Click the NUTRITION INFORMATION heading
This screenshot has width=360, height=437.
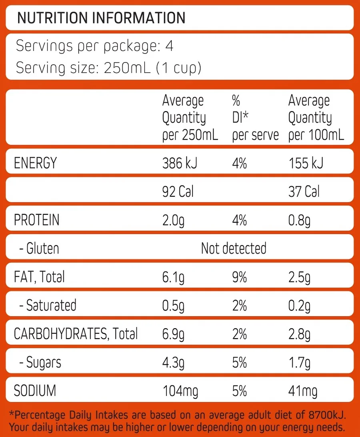click(101, 18)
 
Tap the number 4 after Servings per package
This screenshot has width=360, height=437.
click(169, 46)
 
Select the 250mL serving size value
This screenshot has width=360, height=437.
click(127, 68)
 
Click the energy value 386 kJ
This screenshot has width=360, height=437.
click(180, 163)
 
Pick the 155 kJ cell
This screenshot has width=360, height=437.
click(306, 163)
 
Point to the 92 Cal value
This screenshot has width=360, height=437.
click(178, 192)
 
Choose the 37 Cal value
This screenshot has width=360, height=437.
click(304, 192)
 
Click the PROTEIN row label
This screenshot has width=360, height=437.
click(36, 220)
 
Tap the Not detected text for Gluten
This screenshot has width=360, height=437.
click(234, 248)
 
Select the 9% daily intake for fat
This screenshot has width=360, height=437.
click(239, 277)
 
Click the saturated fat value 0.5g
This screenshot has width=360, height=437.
click(174, 306)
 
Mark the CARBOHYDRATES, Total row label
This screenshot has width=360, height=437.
click(76, 334)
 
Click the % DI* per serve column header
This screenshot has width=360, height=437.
click(255, 118)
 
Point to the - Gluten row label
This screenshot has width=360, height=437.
click(39, 249)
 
